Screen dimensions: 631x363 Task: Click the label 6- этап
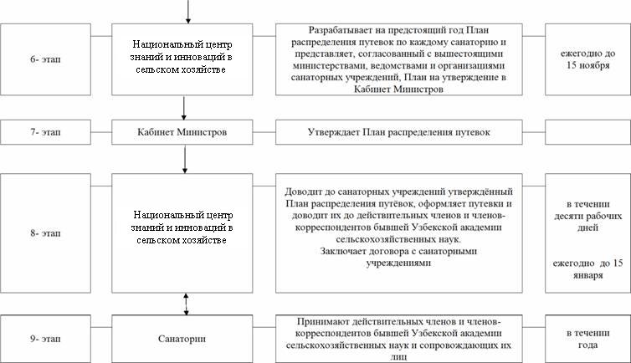tap(45, 59)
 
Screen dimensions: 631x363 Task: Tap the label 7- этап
tap(45, 132)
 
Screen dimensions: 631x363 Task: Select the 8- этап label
tap(45, 233)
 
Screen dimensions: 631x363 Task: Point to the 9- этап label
tap(45, 339)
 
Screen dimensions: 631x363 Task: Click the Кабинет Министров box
tap(182, 132)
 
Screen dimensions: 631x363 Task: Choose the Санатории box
tap(182, 339)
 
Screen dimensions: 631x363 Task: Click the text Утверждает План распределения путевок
tap(399, 132)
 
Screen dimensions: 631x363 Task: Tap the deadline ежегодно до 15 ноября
tap(588, 59)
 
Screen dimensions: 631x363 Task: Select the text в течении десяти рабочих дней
tap(588, 216)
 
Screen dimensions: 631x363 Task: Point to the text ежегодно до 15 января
tap(588, 269)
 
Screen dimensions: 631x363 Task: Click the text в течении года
tap(588, 339)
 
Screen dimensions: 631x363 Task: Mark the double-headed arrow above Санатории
tap(186, 304)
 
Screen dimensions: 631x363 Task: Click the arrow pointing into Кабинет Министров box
tap(184, 108)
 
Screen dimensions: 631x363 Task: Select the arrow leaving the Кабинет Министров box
tap(185, 159)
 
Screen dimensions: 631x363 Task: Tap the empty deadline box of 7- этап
tap(588, 132)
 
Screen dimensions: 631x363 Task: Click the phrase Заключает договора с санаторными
tap(398, 251)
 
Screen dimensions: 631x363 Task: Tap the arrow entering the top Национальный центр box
tap(188, 12)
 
